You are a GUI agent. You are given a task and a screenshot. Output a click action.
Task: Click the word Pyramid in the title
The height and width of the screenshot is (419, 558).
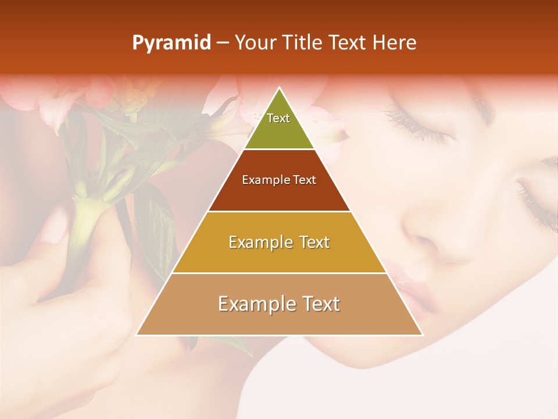tap(171, 42)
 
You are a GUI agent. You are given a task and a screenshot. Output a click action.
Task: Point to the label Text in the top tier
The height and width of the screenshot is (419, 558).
tap(278, 118)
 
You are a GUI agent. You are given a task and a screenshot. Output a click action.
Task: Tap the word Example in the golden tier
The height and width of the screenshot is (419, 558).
tap(257, 242)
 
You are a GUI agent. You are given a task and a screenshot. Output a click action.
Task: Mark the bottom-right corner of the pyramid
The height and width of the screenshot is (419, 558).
tap(422, 335)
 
